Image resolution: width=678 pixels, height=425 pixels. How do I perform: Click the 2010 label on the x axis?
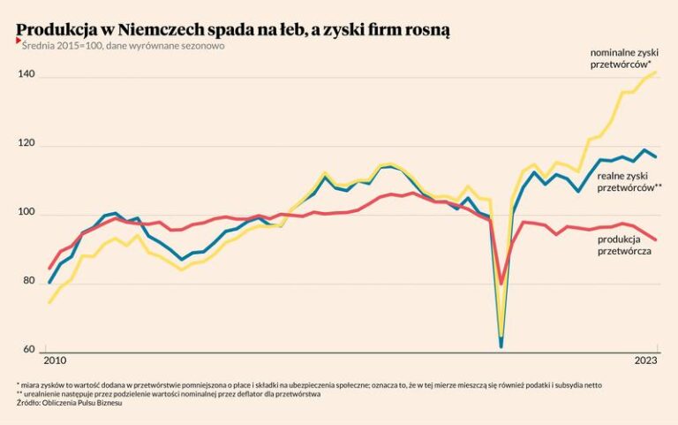pyautogui.click(x=56, y=360)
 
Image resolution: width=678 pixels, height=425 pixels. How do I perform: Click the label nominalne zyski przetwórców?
pyautogui.click(x=621, y=59)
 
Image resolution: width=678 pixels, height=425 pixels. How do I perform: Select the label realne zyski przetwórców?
pyautogui.click(x=629, y=182)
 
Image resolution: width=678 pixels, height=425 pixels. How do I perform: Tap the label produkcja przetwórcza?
pyautogui.click(x=624, y=246)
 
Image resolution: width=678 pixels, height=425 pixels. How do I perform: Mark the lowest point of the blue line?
pyautogui.click(x=501, y=345)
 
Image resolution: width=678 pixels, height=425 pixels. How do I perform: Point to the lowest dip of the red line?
pyautogui.click(x=501, y=285)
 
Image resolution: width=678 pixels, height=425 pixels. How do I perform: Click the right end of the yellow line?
pyautogui.click(x=656, y=72)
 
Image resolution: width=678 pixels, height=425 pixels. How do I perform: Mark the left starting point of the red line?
pyautogui.click(x=49, y=268)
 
